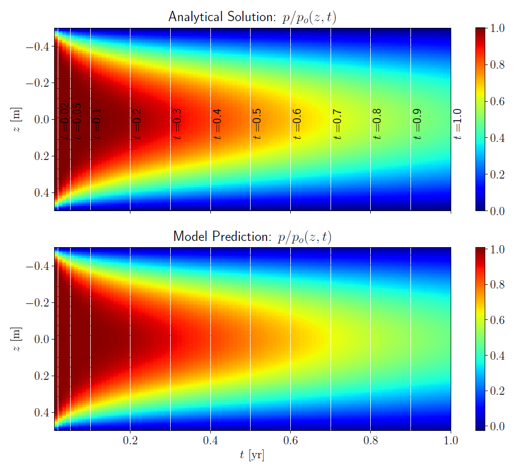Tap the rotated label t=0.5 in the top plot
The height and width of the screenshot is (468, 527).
coord(257,124)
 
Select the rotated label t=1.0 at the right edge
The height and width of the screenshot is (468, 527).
coord(457,124)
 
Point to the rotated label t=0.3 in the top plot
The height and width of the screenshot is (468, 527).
coord(177,124)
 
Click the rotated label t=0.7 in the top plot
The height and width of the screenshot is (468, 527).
coord(337,124)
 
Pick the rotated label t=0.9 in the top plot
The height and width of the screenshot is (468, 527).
coord(417,124)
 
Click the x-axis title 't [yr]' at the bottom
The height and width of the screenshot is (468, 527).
coord(252,455)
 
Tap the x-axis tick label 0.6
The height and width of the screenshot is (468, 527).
coord(290,441)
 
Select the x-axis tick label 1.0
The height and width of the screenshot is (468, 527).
coord(450,441)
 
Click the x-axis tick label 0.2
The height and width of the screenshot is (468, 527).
coord(130,441)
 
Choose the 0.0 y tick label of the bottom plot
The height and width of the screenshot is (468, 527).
coord(42,339)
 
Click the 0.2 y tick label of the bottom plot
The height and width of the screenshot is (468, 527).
coord(42,376)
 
